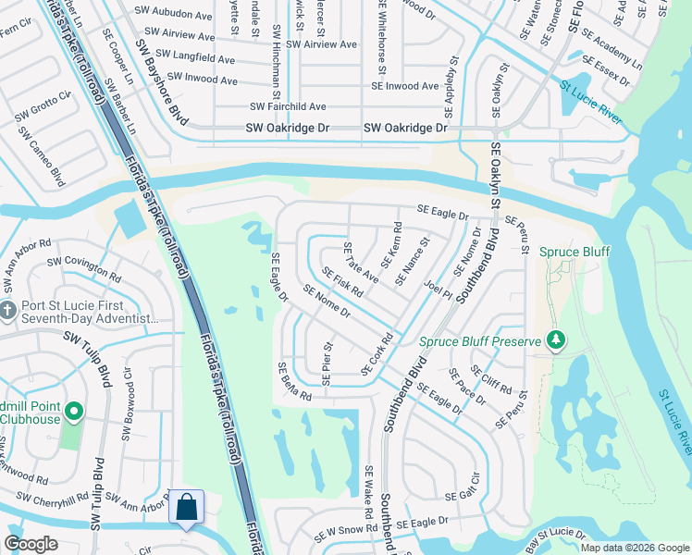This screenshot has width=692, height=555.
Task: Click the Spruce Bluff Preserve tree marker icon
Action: pos(555,341)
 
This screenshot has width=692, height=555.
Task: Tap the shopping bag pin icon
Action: pos(186,507)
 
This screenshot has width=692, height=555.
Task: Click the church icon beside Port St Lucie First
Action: pos(8,310)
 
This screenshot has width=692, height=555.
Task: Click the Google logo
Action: pos(31,543)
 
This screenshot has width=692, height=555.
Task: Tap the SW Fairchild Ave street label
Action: pos(286,107)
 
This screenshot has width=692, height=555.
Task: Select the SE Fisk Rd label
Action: pos(340,282)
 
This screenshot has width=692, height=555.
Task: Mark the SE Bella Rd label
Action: pos(294,381)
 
